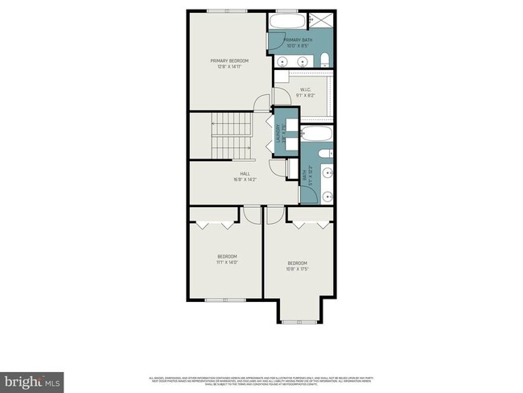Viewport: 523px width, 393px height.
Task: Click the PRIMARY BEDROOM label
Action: [229, 61]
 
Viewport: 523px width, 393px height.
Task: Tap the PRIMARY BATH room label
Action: [297, 41]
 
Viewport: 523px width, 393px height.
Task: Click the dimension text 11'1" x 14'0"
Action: [227, 262]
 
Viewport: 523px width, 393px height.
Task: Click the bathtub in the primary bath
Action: [284, 21]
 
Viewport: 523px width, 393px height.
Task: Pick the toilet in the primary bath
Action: [323, 59]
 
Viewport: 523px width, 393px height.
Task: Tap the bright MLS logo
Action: [32, 379]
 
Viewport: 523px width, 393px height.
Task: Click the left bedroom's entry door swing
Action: [252, 213]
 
